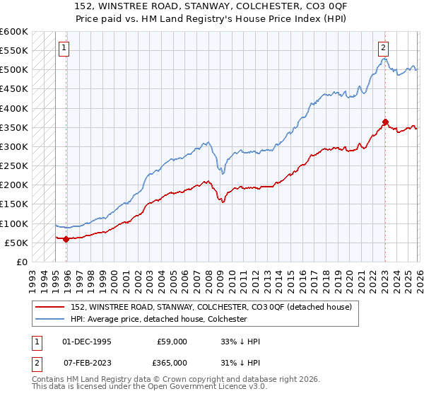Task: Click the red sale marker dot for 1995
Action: [66, 239]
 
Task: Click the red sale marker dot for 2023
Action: [385, 122]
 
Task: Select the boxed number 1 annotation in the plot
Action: [64, 48]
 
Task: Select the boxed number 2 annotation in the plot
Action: [382, 48]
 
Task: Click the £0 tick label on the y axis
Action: [21, 262]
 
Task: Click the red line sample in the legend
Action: [51, 307]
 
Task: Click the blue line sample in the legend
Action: [51, 320]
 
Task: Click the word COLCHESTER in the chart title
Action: [249, 5]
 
